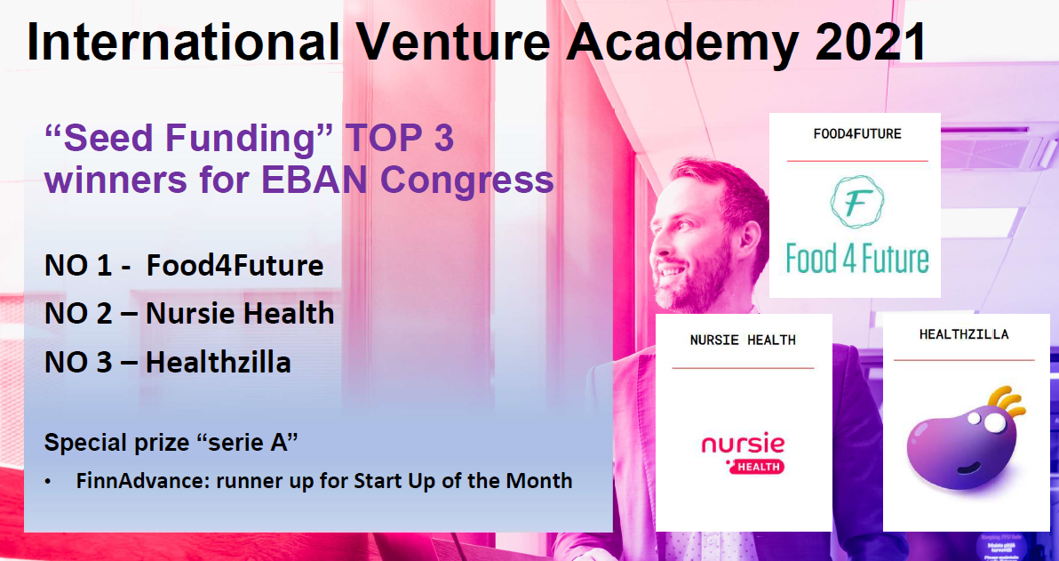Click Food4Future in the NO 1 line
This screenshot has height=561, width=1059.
coord(235,266)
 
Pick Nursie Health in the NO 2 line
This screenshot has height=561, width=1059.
coord(240,314)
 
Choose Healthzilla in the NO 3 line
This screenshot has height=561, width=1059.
coord(219,363)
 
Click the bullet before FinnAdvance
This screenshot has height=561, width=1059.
coord(48,482)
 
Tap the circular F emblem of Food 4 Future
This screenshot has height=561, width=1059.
coord(857,202)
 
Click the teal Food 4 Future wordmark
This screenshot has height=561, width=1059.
coord(857,259)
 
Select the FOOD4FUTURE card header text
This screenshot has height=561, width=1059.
coord(857,134)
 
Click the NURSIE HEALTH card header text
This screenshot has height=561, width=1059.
coord(743,340)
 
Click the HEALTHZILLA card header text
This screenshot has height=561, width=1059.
coord(964,334)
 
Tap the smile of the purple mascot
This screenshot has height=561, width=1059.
coord(967,467)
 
